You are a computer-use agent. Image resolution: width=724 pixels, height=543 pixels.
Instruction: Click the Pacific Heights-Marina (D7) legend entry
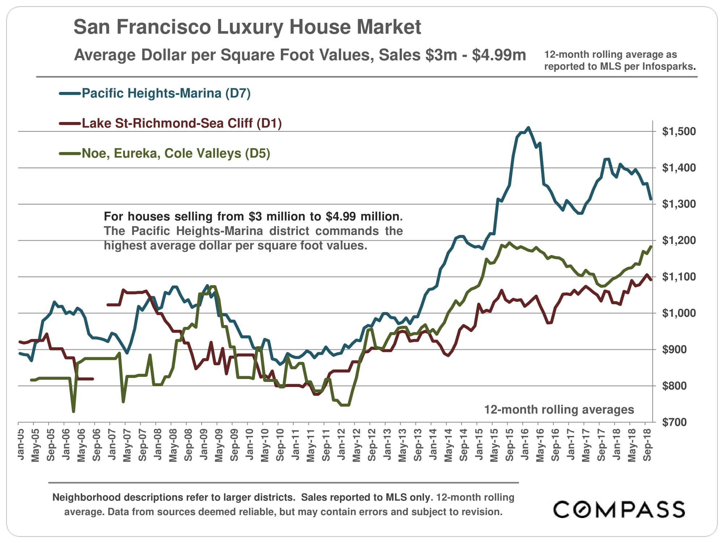click(x=166, y=93)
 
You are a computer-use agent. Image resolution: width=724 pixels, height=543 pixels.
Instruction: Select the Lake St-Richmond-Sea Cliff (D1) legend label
click(x=181, y=123)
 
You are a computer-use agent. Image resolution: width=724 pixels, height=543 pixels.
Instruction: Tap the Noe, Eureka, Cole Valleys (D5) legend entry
click(x=176, y=153)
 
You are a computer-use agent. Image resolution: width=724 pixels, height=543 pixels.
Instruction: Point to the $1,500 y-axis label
click(x=679, y=131)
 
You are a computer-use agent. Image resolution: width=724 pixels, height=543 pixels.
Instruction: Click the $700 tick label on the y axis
click(x=674, y=422)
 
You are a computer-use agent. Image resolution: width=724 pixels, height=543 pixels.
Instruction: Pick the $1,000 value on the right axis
click(x=679, y=313)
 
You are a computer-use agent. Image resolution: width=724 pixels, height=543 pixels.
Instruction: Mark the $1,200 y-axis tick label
click(x=679, y=240)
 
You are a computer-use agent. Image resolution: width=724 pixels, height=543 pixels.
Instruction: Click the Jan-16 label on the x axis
click(x=525, y=444)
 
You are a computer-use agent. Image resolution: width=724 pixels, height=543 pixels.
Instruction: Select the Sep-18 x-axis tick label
click(x=647, y=445)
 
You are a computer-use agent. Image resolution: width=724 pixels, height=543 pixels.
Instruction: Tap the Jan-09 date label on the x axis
click(x=204, y=444)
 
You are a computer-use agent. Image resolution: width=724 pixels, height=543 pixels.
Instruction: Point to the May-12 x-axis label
click(x=357, y=445)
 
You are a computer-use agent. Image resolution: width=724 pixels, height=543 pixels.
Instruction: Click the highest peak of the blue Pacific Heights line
click(x=528, y=127)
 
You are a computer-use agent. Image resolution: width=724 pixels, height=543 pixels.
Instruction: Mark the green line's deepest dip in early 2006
click(x=73, y=411)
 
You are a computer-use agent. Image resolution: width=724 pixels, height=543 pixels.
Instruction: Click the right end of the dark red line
click(x=651, y=279)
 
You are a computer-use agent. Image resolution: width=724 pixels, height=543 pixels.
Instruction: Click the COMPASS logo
click(x=619, y=509)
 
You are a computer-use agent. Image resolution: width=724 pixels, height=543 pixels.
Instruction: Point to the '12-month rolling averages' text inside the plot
click(x=559, y=409)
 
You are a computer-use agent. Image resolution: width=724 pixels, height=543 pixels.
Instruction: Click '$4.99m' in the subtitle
click(x=499, y=55)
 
